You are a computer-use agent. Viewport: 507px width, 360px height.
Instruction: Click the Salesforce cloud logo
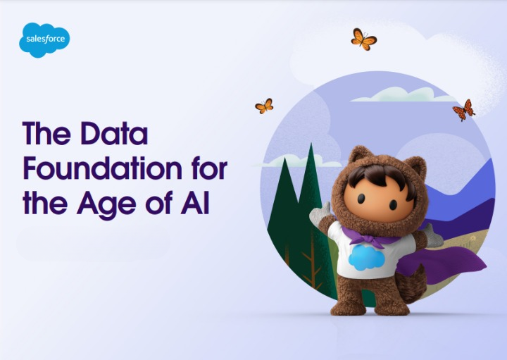44,39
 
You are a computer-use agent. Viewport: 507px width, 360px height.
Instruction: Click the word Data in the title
109,134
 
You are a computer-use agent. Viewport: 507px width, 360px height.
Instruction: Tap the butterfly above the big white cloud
363,39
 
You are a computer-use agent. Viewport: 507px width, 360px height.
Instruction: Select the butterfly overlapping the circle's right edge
463,110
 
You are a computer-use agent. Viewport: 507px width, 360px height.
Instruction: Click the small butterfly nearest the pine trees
264,106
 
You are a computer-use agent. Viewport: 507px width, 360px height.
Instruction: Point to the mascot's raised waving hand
320,214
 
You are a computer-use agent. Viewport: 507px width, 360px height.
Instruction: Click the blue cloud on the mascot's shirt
366,258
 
